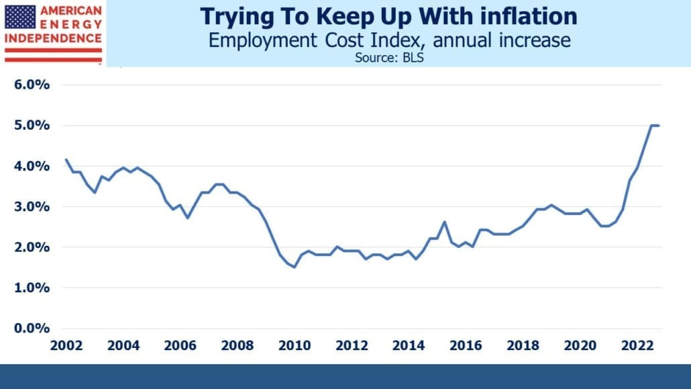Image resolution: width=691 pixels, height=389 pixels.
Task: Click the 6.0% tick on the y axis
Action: coord(32,85)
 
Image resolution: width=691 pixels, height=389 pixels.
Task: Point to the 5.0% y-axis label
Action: coord(32,125)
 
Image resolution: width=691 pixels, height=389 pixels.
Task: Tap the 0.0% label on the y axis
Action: coord(32,328)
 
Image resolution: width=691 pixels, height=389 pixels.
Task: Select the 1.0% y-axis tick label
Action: coord(32,288)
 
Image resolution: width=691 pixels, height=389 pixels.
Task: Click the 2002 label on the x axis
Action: coord(66,345)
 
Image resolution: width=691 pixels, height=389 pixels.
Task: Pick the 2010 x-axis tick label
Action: coord(295,345)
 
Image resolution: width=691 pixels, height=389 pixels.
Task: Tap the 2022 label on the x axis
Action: coord(637,345)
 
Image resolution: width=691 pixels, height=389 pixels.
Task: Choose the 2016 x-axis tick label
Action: coord(466,345)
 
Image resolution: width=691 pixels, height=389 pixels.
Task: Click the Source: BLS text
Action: coord(389,58)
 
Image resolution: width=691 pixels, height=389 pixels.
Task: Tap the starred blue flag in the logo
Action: coord(20,17)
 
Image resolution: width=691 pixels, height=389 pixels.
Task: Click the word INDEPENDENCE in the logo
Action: coord(53,38)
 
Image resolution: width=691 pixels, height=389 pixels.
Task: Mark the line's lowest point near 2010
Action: coord(295,267)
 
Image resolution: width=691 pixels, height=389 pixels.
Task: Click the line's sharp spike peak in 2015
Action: coord(445,222)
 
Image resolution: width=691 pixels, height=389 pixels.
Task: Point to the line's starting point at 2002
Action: coord(66,159)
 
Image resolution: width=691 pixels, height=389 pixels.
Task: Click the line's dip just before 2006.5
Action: coord(188,218)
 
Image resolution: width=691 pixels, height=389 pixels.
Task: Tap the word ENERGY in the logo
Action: coord(71,24)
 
